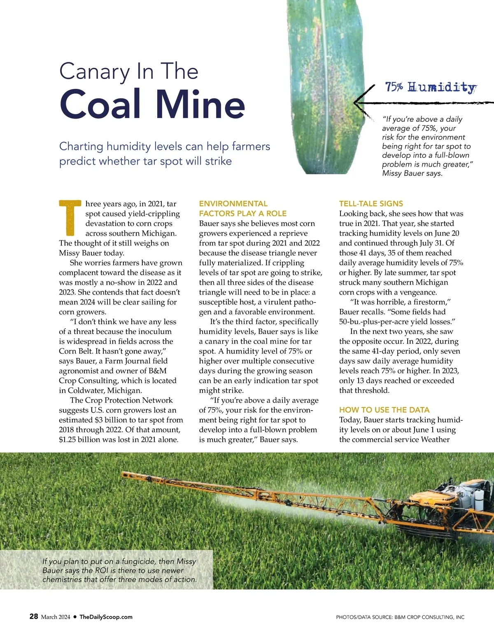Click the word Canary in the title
[x=94, y=72]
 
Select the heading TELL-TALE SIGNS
[x=371, y=204]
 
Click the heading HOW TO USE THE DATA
[x=384, y=410]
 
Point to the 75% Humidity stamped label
[x=431, y=87]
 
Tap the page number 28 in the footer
[x=34, y=616]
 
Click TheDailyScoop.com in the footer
[x=106, y=617]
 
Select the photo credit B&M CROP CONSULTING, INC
[x=429, y=617]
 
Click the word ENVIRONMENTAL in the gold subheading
[x=233, y=204]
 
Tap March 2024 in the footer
[x=56, y=617]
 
